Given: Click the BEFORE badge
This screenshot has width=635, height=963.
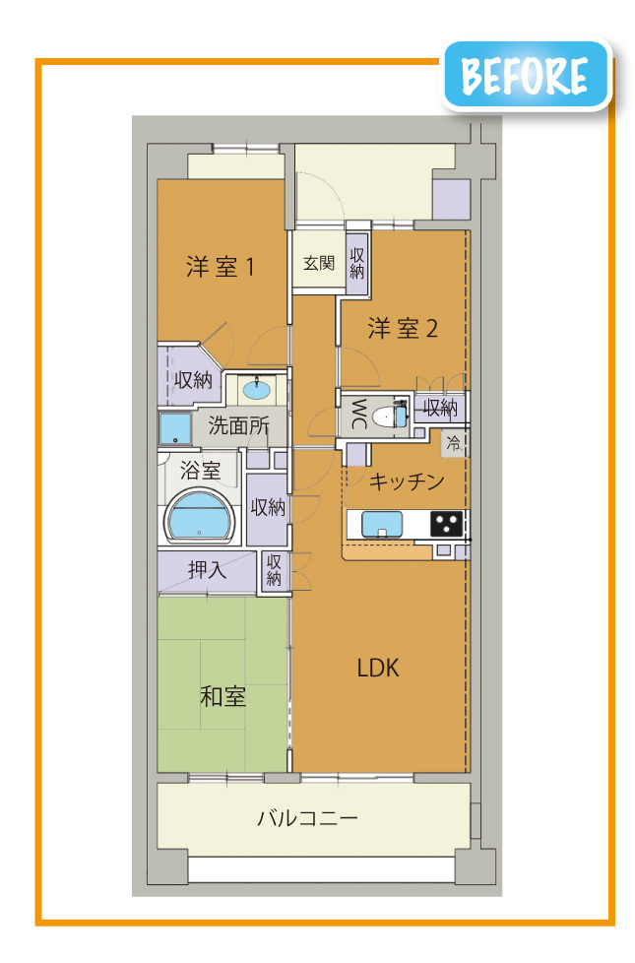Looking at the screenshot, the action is [527, 75].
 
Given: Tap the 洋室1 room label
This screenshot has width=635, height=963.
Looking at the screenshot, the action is [220, 267].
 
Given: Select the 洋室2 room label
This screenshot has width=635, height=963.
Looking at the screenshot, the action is [403, 329].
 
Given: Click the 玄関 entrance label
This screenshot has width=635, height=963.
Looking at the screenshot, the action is [319, 264].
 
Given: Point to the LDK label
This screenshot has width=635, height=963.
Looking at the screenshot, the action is [378, 668].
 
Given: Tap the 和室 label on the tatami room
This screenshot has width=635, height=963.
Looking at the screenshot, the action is [222, 697].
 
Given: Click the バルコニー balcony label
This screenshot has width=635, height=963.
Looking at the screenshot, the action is [307, 818].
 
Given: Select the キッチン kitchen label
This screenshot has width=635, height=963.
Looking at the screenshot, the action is [406, 481].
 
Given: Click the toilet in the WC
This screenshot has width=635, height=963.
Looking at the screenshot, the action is [389, 415].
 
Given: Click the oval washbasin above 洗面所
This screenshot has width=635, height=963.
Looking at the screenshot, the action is [256, 389].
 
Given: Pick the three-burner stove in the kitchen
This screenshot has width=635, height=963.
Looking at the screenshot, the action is [446, 524].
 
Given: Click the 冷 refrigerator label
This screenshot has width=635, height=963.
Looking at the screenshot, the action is [454, 443].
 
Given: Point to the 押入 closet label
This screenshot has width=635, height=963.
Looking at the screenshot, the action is [207, 570].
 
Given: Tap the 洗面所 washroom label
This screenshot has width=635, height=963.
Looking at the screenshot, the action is [238, 425].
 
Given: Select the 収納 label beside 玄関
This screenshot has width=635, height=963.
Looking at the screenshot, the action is [356, 263].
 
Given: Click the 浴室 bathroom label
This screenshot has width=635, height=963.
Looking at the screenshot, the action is [200, 471].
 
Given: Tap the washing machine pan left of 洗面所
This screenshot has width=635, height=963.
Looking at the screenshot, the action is [175, 428].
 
